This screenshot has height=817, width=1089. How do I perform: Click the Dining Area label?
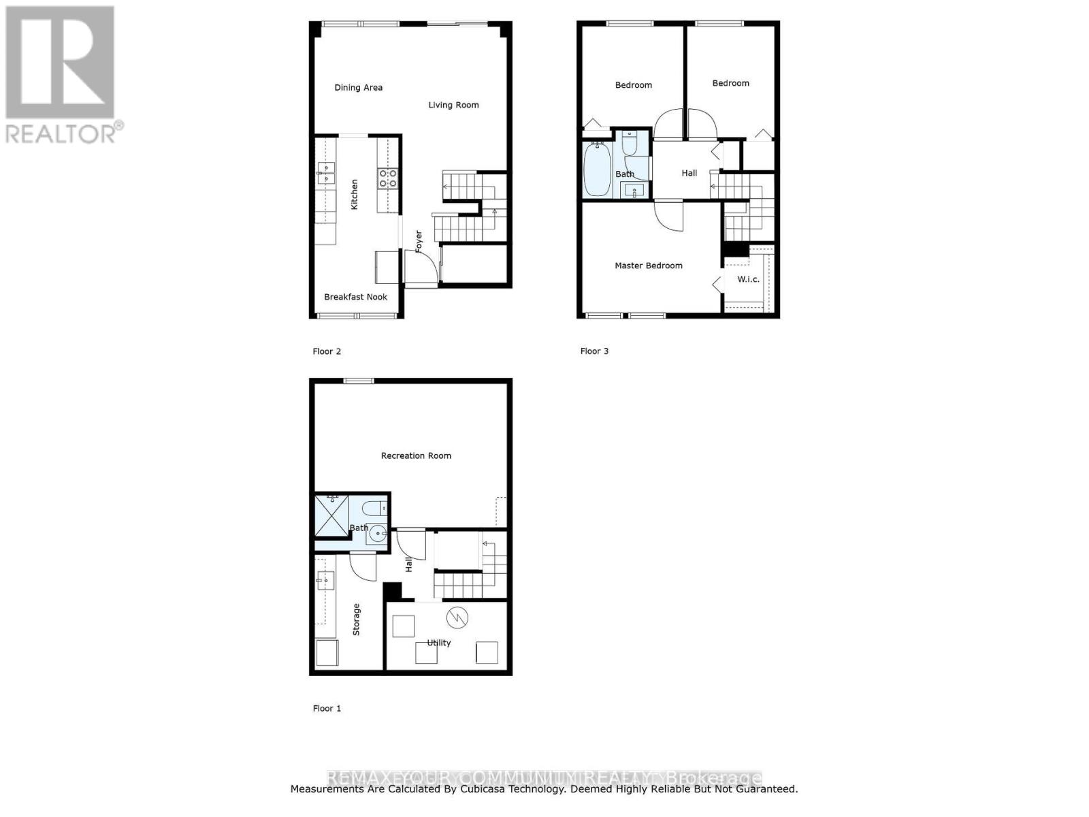(358, 88)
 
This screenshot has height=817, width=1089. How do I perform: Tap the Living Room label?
(453, 105)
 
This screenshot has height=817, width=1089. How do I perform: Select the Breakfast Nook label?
(355, 297)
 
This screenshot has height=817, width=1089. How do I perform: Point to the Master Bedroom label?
(648, 266)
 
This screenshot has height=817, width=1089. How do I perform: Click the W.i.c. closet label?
(748, 279)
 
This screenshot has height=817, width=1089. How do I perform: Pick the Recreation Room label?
(416, 455)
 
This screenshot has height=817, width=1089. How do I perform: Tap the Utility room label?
(439, 643)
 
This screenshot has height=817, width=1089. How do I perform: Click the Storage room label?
(356, 620)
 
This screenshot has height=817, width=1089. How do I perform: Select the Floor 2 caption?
(327, 351)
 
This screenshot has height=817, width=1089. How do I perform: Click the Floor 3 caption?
(594, 351)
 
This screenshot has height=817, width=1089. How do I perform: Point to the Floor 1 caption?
(327, 709)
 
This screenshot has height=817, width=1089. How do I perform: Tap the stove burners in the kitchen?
(388, 178)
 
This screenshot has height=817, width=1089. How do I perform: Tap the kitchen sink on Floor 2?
(326, 173)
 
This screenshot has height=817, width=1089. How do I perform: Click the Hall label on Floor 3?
(689, 173)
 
